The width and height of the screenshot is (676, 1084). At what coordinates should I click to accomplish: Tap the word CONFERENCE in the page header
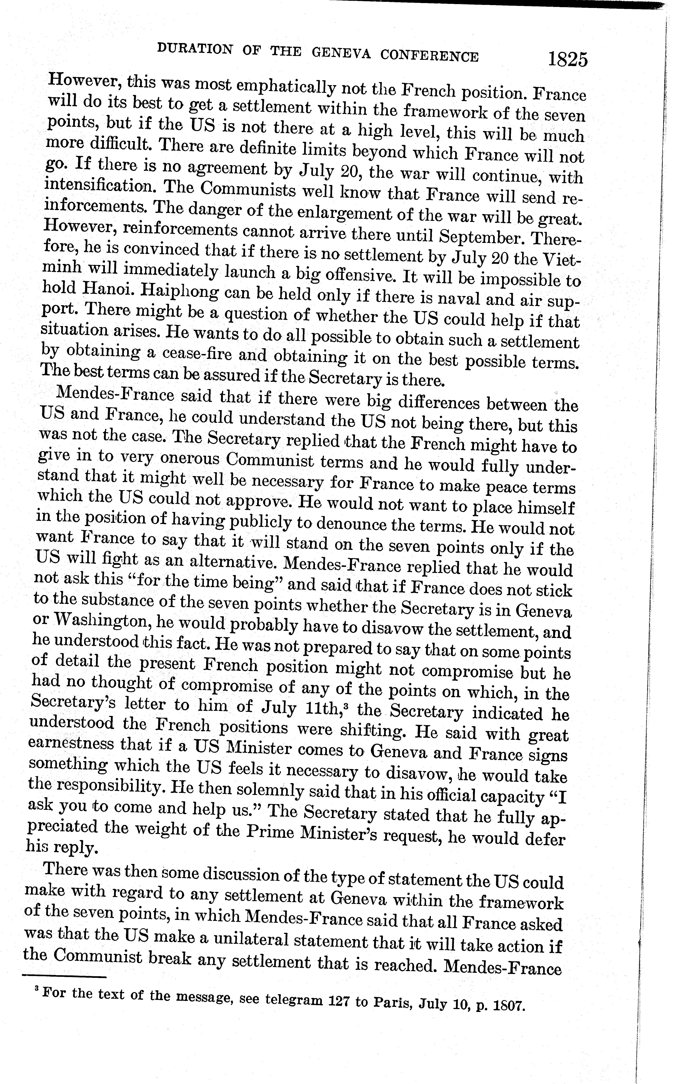(x=429, y=56)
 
